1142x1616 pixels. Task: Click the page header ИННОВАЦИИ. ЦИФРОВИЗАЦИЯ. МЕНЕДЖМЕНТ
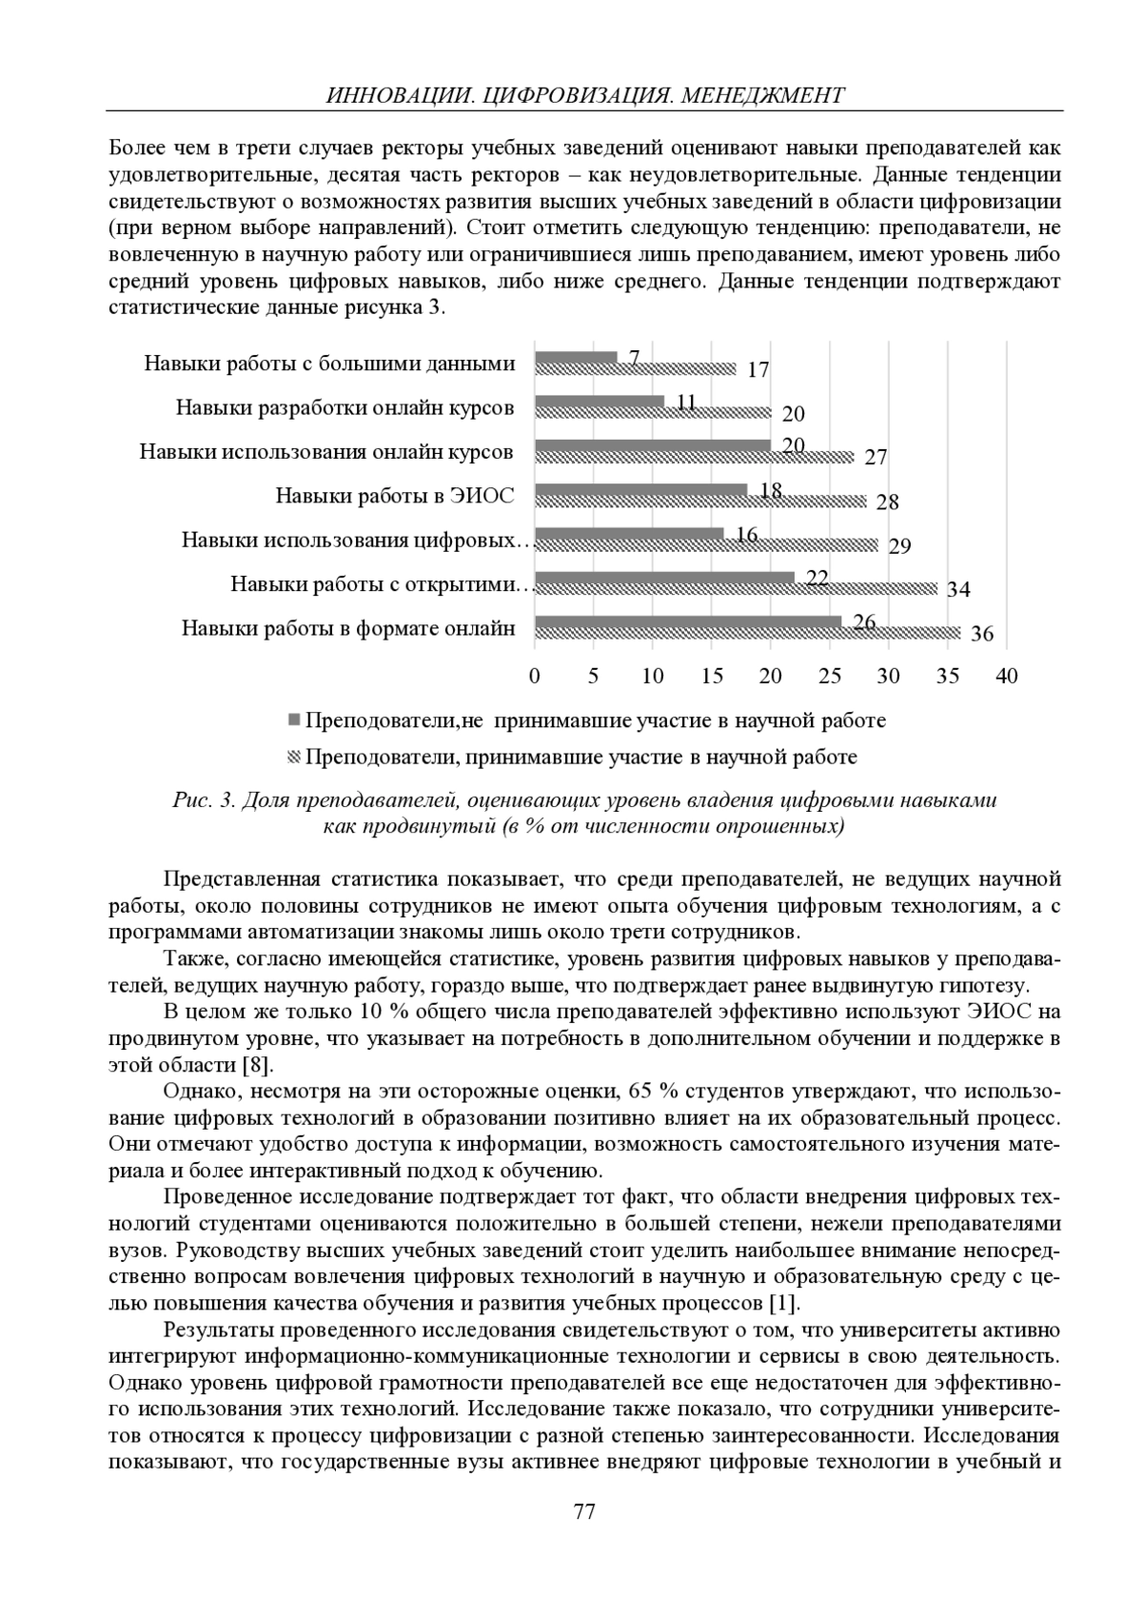(x=584, y=95)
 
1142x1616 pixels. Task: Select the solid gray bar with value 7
(x=576, y=358)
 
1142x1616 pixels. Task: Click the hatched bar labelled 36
(x=748, y=633)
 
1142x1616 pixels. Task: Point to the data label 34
(x=958, y=589)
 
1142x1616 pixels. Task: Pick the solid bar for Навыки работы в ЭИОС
(x=641, y=490)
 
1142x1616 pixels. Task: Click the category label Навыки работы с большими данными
(x=329, y=364)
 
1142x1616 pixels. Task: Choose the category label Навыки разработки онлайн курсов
(x=345, y=407)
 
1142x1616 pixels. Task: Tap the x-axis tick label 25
(x=830, y=676)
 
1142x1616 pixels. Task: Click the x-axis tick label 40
(x=1006, y=676)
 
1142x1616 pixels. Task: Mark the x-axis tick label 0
(x=535, y=676)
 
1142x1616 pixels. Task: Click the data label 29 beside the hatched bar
(x=899, y=546)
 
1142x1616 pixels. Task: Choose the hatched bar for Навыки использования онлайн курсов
(x=694, y=457)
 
